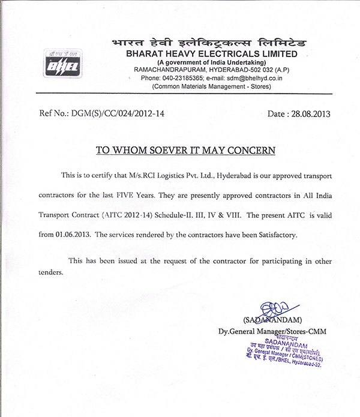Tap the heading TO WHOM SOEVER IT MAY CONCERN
tap(186, 149)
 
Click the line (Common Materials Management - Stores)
tap(202, 86)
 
